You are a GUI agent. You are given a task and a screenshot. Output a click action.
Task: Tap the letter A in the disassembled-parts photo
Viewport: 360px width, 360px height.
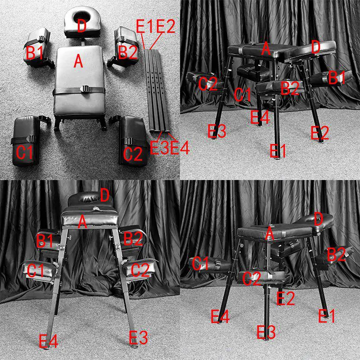79,60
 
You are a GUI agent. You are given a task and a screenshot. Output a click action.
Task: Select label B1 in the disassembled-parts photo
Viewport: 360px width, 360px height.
35,52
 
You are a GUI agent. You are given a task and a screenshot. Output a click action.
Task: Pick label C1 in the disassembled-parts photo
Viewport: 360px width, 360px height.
25,153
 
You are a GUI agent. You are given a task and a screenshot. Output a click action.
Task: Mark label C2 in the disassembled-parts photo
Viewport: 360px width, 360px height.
133,154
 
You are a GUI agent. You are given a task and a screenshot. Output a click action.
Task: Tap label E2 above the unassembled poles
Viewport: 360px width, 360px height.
165,27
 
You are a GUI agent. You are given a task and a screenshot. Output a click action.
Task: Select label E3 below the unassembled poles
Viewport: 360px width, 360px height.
159,147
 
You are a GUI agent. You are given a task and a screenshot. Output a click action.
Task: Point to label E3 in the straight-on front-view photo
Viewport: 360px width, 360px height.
139,337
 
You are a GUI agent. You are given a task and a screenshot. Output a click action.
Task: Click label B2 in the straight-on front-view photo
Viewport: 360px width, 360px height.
133,238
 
